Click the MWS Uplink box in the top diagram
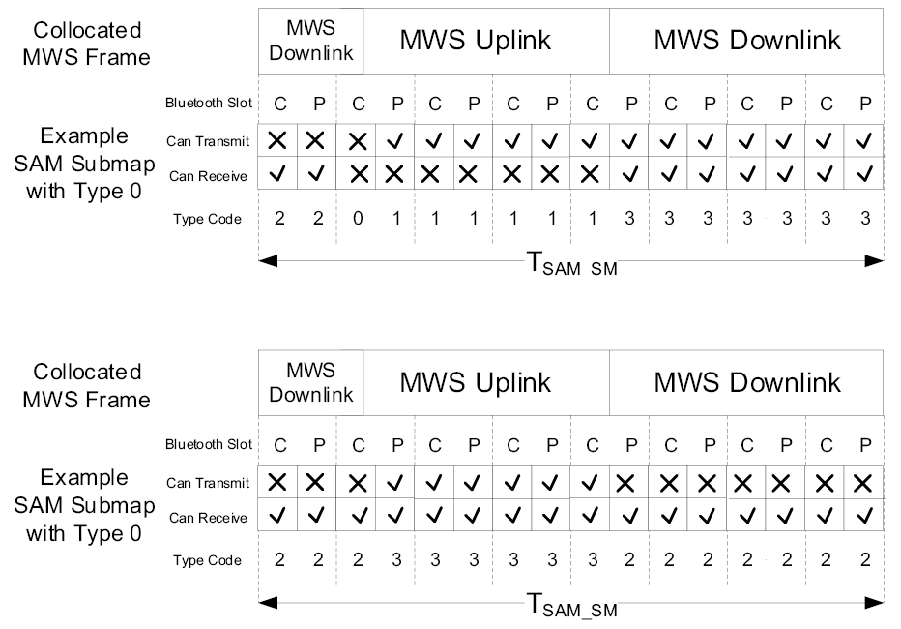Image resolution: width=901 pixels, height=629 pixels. click(x=476, y=41)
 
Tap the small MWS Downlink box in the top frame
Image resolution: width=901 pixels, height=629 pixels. click(x=312, y=41)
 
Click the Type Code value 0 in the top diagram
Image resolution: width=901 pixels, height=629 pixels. click(x=358, y=219)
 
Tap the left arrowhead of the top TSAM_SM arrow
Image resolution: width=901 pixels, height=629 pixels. click(x=268, y=259)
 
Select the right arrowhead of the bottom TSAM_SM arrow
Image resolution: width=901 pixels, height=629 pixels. click(x=874, y=602)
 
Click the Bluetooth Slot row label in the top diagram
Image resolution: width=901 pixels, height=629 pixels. click(x=208, y=103)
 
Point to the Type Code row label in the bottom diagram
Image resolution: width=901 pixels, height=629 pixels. click(x=208, y=560)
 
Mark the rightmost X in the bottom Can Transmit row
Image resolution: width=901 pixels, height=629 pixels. click(x=863, y=482)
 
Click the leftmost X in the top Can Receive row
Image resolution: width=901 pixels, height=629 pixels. click(x=358, y=175)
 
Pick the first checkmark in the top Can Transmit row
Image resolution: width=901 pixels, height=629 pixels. click(x=396, y=141)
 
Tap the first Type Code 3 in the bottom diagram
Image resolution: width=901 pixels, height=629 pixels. click(x=396, y=560)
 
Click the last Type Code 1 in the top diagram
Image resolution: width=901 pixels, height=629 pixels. click(x=592, y=219)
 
